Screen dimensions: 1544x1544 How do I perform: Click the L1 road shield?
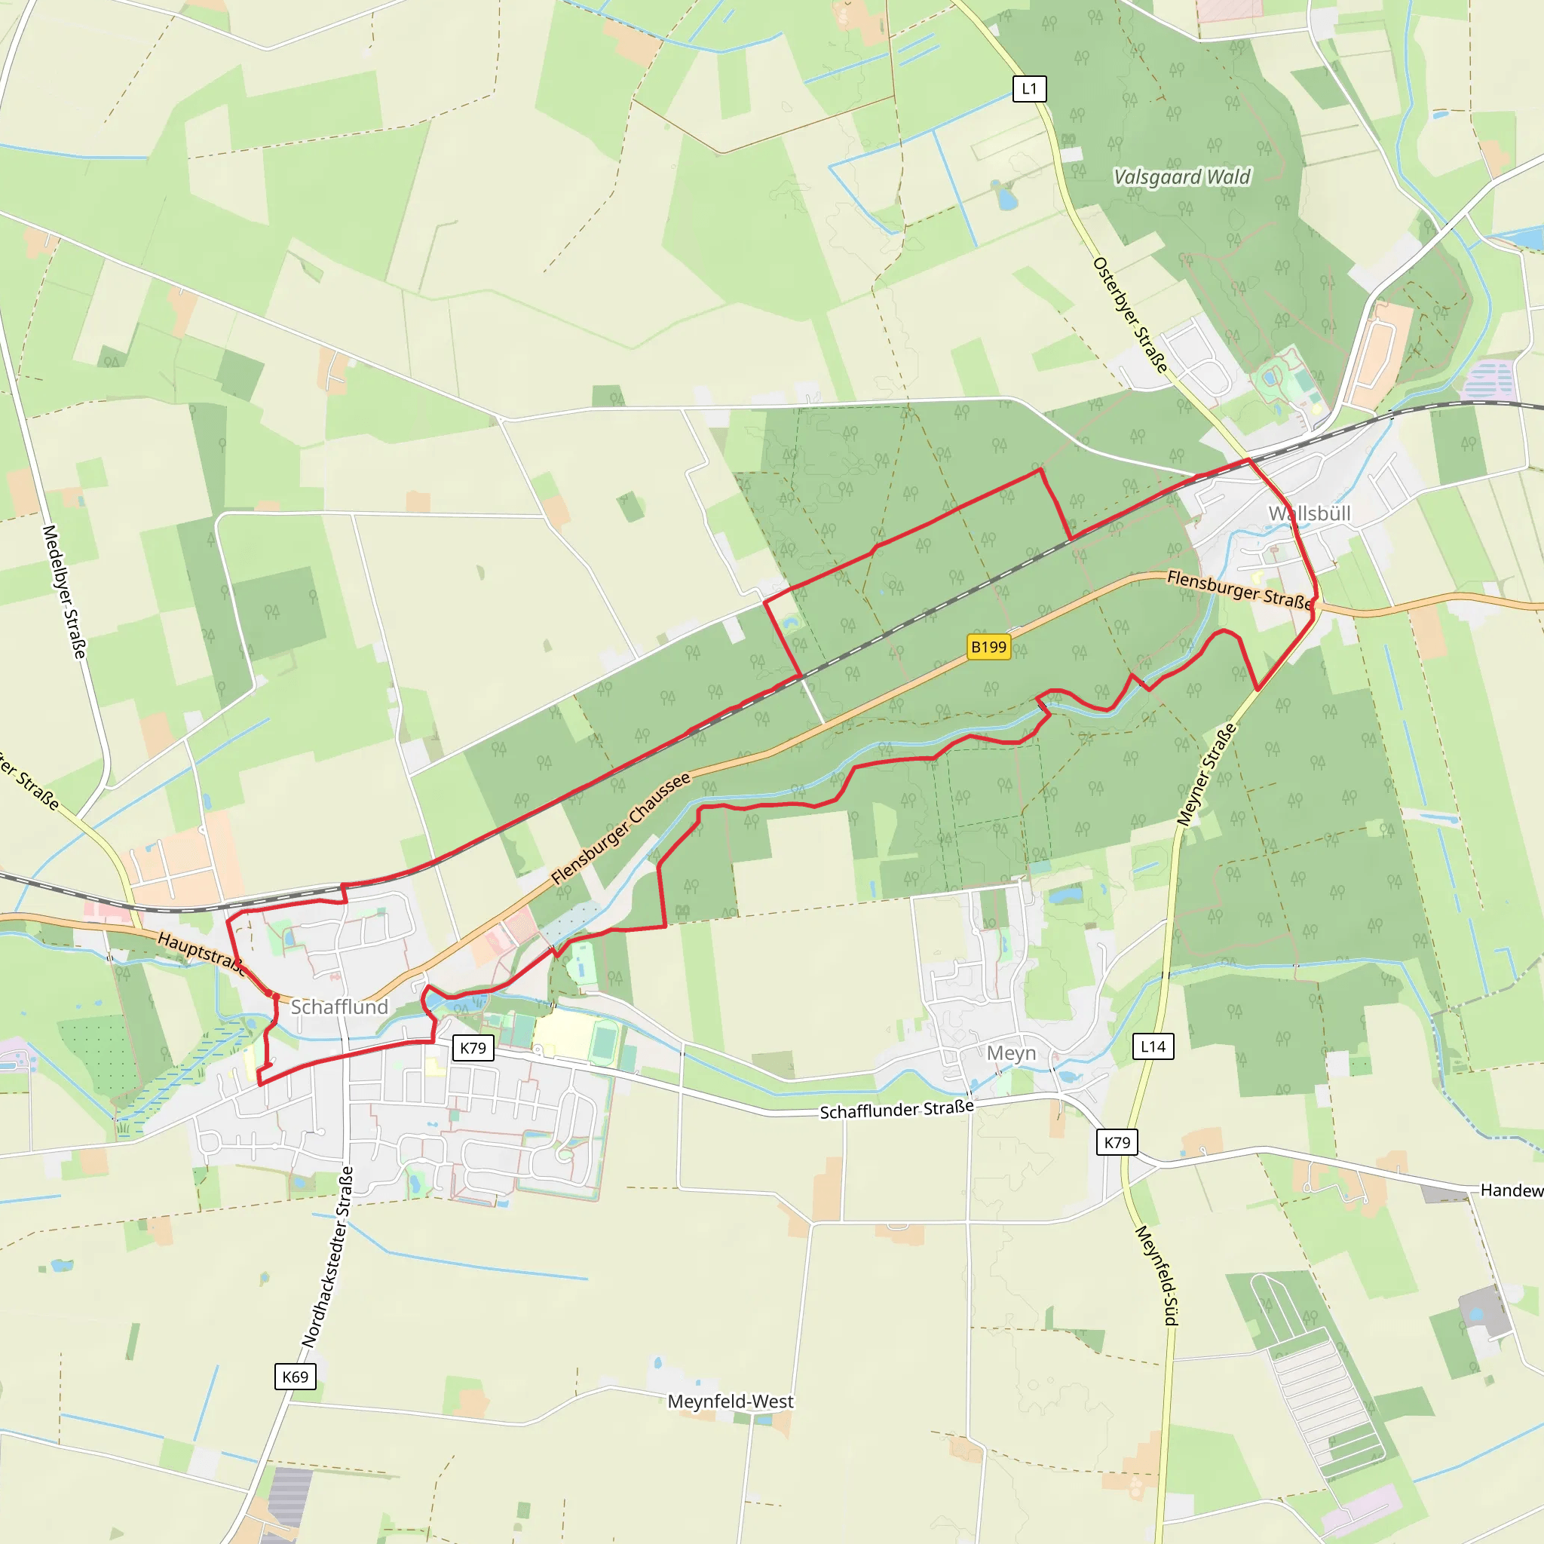click(x=1028, y=89)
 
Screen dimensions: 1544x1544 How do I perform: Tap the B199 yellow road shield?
click(x=988, y=647)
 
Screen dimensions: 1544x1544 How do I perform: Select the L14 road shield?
click(x=1153, y=1046)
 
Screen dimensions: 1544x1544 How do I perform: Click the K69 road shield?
click(x=295, y=1376)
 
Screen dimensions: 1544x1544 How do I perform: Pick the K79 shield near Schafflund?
click(x=472, y=1048)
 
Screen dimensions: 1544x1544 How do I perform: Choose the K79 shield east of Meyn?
click(x=1117, y=1142)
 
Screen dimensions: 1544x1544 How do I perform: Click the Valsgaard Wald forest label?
click(x=1182, y=176)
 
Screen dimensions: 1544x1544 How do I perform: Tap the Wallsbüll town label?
click(x=1309, y=514)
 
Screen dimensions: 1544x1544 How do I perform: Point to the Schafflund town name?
click(x=339, y=1007)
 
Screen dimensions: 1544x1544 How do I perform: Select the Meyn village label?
click(x=1011, y=1053)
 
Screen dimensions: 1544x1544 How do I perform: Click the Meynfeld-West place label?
click(x=731, y=1402)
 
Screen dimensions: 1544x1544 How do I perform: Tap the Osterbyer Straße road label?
click(x=1130, y=315)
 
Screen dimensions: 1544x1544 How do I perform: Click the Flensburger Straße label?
click(x=1239, y=589)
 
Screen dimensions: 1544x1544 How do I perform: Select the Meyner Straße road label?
click(x=1206, y=774)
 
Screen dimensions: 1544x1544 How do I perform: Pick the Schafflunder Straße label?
click(x=896, y=1110)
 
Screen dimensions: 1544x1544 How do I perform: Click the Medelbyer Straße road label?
click(x=64, y=591)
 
